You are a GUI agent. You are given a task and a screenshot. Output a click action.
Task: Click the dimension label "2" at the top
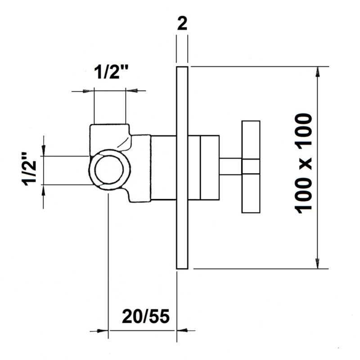coord(182,24)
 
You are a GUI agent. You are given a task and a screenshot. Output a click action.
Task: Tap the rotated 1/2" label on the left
coord(29,169)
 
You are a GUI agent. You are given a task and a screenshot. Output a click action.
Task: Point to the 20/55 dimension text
coord(146,316)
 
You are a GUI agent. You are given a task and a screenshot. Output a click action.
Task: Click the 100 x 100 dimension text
coord(304,163)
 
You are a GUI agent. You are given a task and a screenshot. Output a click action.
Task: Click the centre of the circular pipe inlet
coord(109,170)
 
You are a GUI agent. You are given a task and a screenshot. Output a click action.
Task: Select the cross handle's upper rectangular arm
coord(251,140)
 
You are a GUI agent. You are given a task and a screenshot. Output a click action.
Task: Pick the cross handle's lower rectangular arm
coord(251,193)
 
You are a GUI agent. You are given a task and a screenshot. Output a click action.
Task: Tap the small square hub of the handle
coord(251,166)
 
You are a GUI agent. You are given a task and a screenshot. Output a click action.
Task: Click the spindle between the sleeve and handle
coord(230,166)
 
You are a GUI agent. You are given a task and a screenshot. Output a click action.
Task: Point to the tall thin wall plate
coord(182,167)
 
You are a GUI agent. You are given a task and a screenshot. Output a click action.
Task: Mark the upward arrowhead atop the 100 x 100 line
coord(318,72)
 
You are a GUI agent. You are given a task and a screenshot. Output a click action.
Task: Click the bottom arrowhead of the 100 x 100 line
coord(318,263)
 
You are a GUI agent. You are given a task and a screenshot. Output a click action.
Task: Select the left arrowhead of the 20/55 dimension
coord(103,331)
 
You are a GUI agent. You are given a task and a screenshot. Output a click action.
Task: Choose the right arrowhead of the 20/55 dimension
coord(182,330)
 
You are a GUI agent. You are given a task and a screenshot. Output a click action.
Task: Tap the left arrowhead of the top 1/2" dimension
coord(88,91)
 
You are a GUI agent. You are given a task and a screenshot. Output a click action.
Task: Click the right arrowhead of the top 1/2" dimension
coord(131,91)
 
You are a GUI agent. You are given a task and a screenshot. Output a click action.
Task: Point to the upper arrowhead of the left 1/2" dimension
coord(44,151)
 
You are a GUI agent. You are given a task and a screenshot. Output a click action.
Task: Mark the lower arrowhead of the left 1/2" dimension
coord(44,190)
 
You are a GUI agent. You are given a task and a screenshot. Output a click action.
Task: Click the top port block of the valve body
coord(110,137)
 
